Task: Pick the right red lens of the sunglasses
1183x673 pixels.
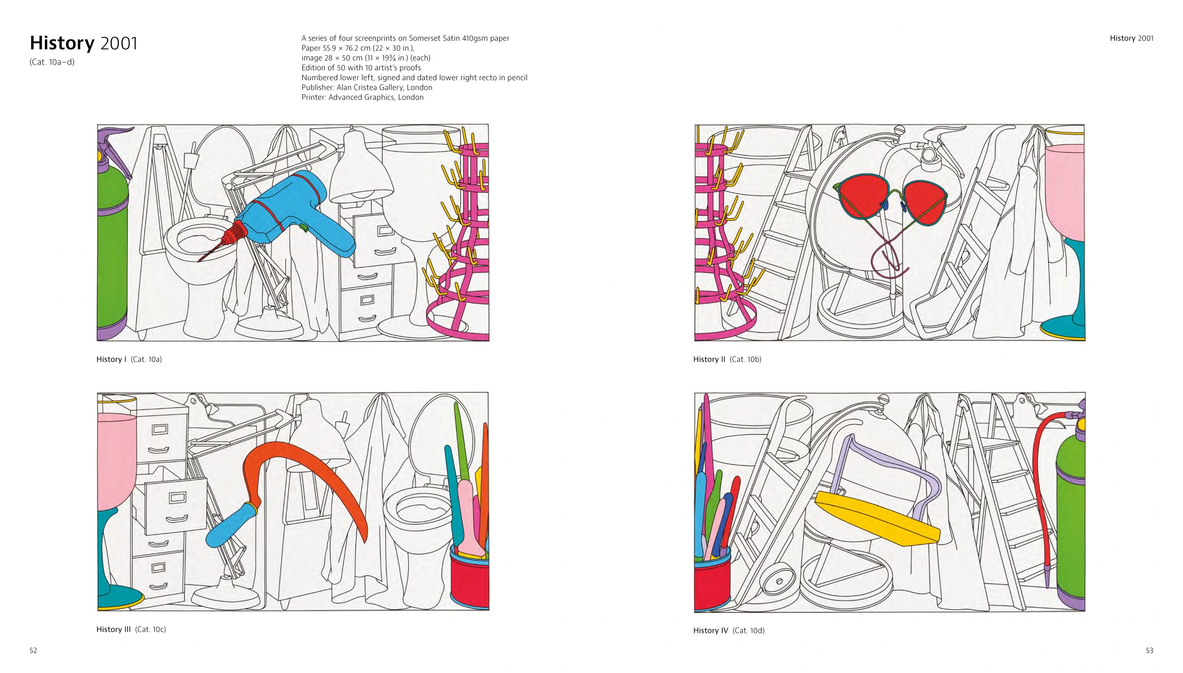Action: click(x=925, y=203)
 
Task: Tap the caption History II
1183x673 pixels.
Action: click(x=727, y=359)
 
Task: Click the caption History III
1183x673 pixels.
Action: click(x=131, y=629)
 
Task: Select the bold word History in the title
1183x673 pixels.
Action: click(x=62, y=43)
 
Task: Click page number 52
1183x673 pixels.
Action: click(x=33, y=650)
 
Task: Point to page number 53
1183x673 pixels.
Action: click(x=1149, y=650)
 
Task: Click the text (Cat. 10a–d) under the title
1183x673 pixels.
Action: click(x=52, y=62)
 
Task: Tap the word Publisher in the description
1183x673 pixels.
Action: click(x=317, y=87)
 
